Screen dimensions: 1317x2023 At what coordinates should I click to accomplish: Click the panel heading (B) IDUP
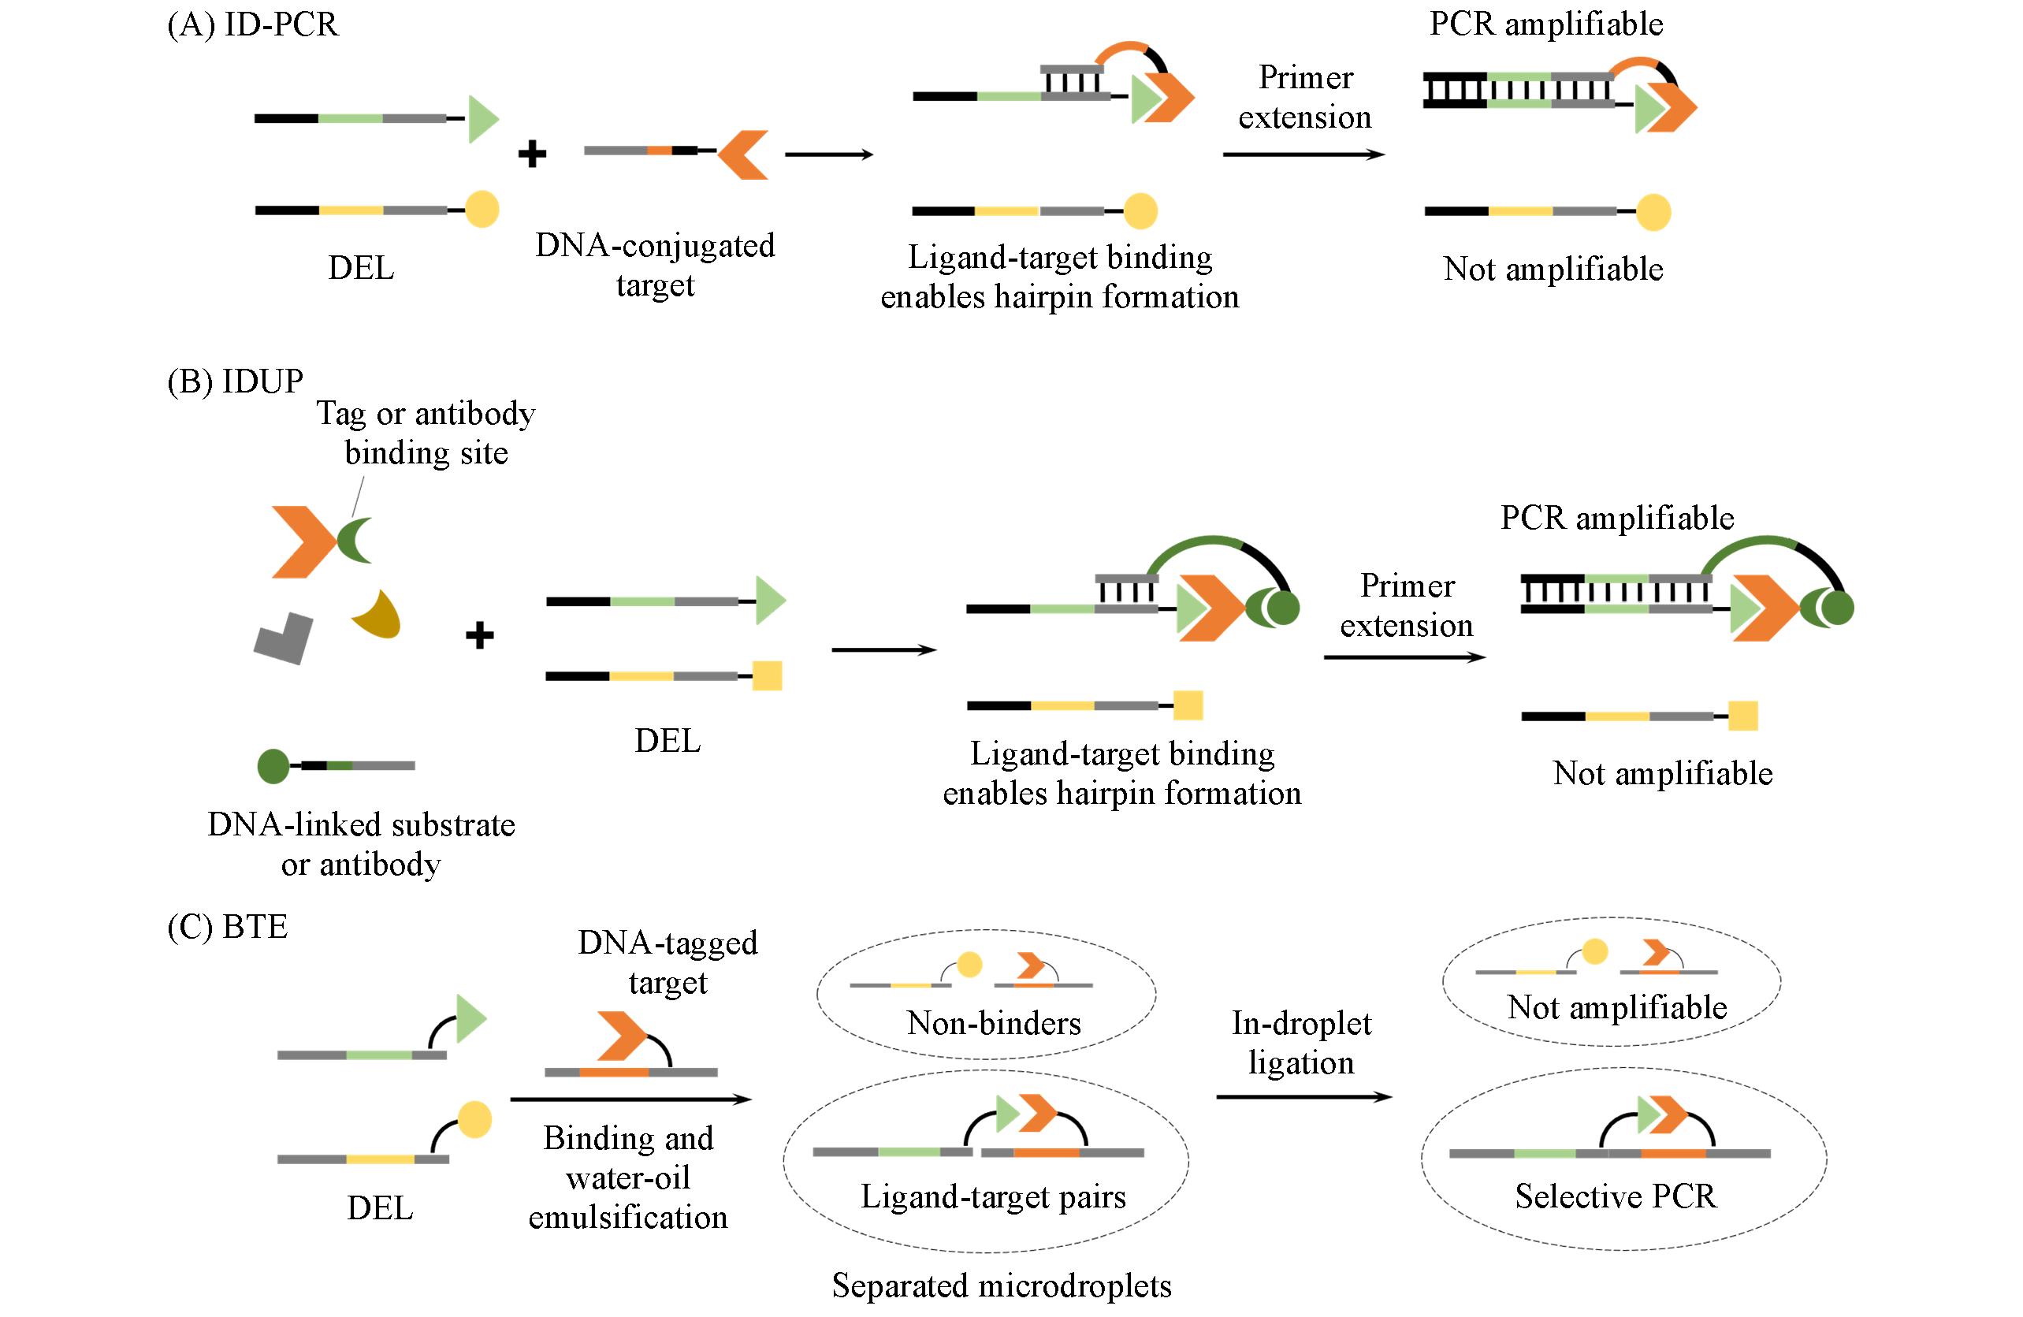pos(236,381)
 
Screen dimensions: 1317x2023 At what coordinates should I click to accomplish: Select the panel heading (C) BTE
pos(228,926)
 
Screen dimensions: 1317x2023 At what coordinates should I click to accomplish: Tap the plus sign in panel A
pos(532,154)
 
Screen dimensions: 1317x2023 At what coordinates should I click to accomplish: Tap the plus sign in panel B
pos(480,635)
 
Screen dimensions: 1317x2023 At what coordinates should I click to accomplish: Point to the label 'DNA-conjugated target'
pos(654,264)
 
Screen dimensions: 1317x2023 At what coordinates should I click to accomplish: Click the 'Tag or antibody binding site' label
pos(426,433)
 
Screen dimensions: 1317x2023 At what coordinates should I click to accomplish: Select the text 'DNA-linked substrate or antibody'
pos(361,844)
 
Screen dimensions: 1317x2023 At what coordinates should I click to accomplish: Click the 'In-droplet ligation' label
pos(1301,1043)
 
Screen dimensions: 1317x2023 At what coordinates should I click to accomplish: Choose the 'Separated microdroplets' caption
pos(1002,1285)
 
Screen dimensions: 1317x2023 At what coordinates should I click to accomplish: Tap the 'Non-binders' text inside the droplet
pos(994,1022)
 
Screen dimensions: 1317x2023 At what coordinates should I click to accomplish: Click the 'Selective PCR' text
pos(1615,1196)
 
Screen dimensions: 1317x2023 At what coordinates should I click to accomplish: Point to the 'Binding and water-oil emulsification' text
pos(628,1177)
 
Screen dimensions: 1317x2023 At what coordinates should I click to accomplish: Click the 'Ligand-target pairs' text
pos(993,1196)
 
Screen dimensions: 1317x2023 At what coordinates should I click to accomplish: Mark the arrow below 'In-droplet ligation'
pos(1304,1097)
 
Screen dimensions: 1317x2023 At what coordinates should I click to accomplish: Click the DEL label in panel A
pos(361,268)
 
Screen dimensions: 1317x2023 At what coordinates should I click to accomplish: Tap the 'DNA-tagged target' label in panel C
pos(668,962)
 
